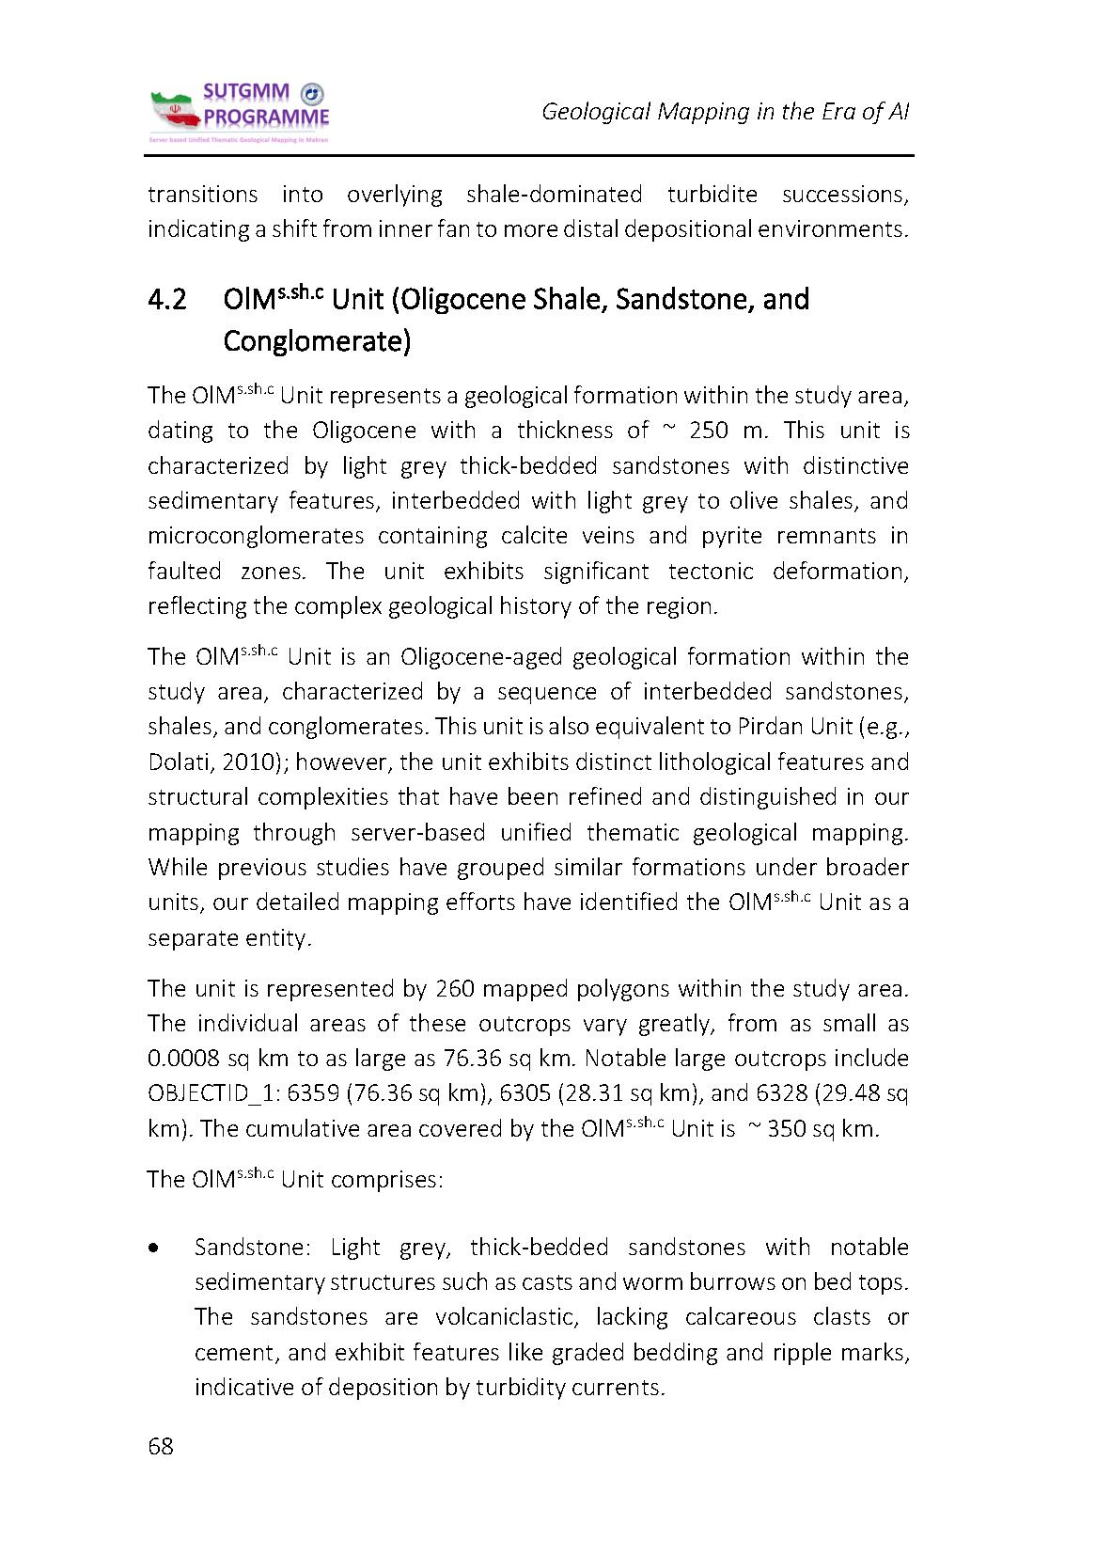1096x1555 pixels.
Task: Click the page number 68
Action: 161,1446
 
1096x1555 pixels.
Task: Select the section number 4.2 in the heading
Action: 167,300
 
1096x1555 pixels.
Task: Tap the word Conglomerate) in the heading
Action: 317,340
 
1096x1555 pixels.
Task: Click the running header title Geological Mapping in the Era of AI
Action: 725,112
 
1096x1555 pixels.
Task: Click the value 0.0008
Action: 183,1059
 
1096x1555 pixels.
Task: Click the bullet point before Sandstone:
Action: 153,1249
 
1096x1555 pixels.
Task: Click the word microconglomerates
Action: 256,536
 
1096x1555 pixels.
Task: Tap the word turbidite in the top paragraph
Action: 712,195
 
